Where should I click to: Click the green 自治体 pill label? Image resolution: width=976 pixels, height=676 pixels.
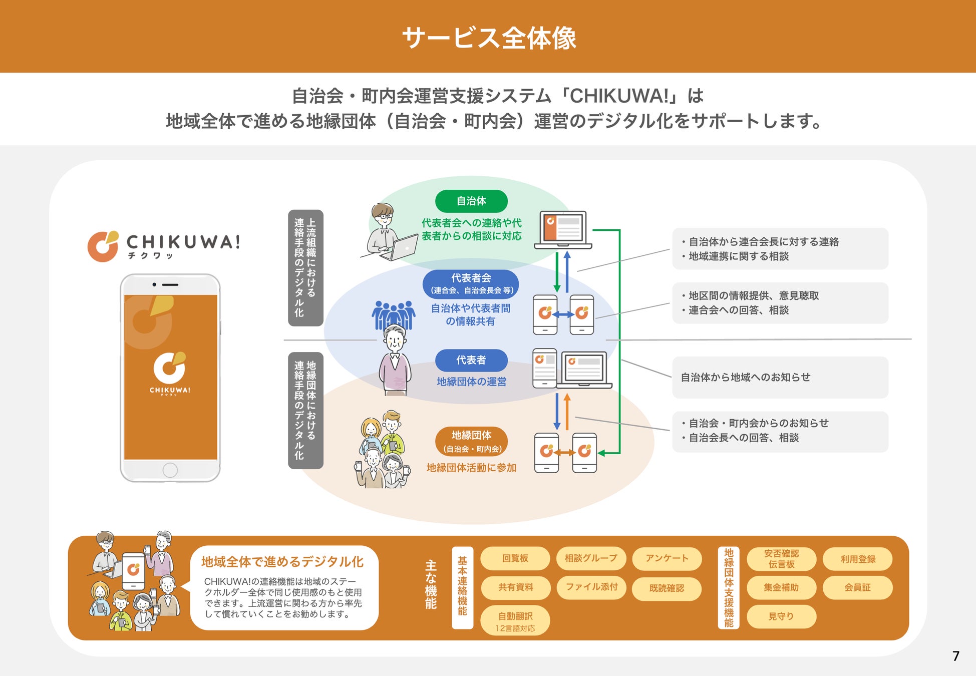coord(471,201)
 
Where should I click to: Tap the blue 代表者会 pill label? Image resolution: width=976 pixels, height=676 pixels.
coord(471,283)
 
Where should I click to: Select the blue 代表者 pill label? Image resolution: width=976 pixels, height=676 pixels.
coord(471,360)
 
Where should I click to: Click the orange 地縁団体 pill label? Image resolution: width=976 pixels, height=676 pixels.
coord(471,441)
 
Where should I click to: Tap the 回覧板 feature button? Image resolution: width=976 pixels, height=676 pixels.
coord(515,558)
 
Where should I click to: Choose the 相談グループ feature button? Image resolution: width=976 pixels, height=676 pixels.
coord(591,558)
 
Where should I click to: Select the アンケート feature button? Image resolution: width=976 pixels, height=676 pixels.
coord(667,558)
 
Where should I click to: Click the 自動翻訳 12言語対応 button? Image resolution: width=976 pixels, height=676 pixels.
coord(515,621)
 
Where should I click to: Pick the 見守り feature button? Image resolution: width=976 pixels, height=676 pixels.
coord(781,616)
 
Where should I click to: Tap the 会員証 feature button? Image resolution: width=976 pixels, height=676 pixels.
coord(857,588)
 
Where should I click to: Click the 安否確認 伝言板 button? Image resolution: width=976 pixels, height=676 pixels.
coord(781,559)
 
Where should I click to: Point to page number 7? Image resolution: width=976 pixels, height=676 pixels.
coord(955,656)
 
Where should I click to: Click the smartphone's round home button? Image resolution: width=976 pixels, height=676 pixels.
coord(170,470)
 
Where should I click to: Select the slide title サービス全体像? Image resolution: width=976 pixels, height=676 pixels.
coord(489,38)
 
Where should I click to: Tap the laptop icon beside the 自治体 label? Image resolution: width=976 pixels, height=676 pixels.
coord(563,230)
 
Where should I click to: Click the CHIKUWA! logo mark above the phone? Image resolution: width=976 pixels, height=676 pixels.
coord(103,246)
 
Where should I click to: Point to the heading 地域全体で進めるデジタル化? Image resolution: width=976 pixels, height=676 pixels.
coord(282,562)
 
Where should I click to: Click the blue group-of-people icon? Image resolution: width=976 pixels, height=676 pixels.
coord(394,313)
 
